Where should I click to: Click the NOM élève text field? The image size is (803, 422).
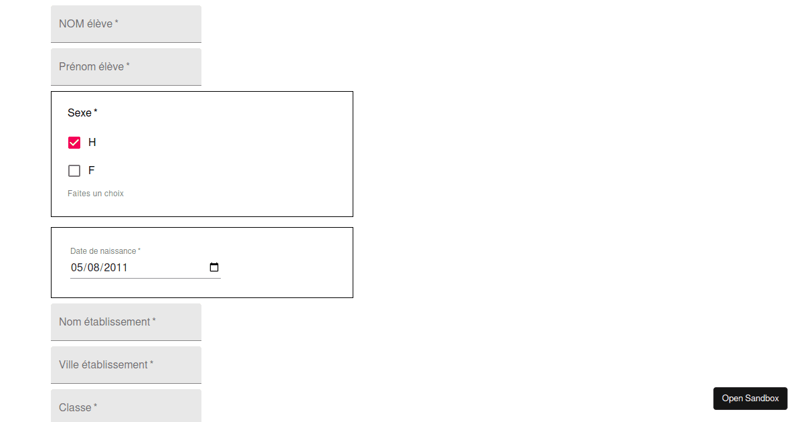coord(126,23)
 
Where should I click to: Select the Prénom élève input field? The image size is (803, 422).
coord(126,67)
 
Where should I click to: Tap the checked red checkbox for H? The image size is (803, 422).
coord(74,143)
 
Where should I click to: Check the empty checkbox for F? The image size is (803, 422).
coord(74,171)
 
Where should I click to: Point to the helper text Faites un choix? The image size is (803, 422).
coord(95,194)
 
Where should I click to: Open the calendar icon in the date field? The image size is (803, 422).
coord(214,267)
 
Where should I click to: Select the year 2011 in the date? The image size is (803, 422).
coord(115,268)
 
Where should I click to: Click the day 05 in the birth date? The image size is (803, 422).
coord(77,268)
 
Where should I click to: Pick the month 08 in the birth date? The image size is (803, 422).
coord(94,268)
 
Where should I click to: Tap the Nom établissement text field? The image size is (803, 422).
coord(126,322)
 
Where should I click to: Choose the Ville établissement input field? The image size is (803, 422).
coord(126,365)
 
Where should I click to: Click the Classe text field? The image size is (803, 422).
coord(126,406)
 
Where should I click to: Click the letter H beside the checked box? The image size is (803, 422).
coord(92,143)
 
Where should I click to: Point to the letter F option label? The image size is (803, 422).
coord(92,170)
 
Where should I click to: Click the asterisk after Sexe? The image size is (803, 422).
coord(95,111)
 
